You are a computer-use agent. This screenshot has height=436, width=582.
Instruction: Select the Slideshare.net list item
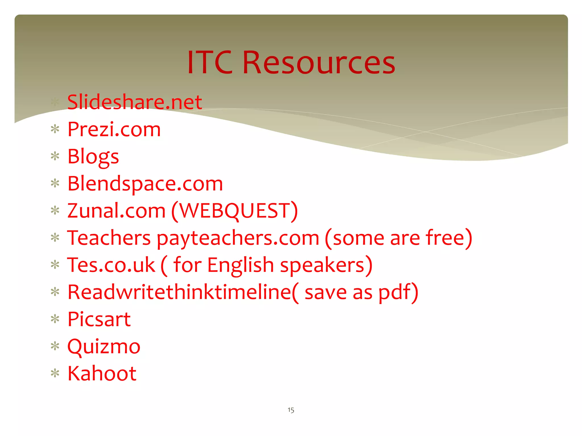[x=134, y=102]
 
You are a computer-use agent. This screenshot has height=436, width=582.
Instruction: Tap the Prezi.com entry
[x=114, y=129]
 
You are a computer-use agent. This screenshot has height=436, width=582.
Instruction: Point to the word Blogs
[x=93, y=157]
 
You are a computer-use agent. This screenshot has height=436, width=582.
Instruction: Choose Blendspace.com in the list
[x=145, y=184]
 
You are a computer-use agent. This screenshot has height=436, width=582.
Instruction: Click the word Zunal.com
[x=116, y=211]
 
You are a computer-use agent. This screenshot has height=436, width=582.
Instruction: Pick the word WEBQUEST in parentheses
[x=235, y=211]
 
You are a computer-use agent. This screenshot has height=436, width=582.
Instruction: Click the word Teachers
[x=109, y=238]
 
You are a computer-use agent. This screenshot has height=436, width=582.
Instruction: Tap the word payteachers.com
[x=238, y=238]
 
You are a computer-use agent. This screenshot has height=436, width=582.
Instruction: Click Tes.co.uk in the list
[x=111, y=265]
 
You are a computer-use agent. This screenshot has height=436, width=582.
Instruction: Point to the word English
[x=240, y=265]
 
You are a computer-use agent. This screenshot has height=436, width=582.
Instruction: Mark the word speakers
[x=322, y=265]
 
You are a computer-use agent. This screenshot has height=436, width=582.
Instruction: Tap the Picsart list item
[x=99, y=319]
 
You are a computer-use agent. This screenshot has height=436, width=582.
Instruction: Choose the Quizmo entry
[x=104, y=347]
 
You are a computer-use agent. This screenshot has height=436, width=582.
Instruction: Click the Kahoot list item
[x=102, y=373]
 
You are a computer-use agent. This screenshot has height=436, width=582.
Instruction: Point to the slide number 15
[x=291, y=410]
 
